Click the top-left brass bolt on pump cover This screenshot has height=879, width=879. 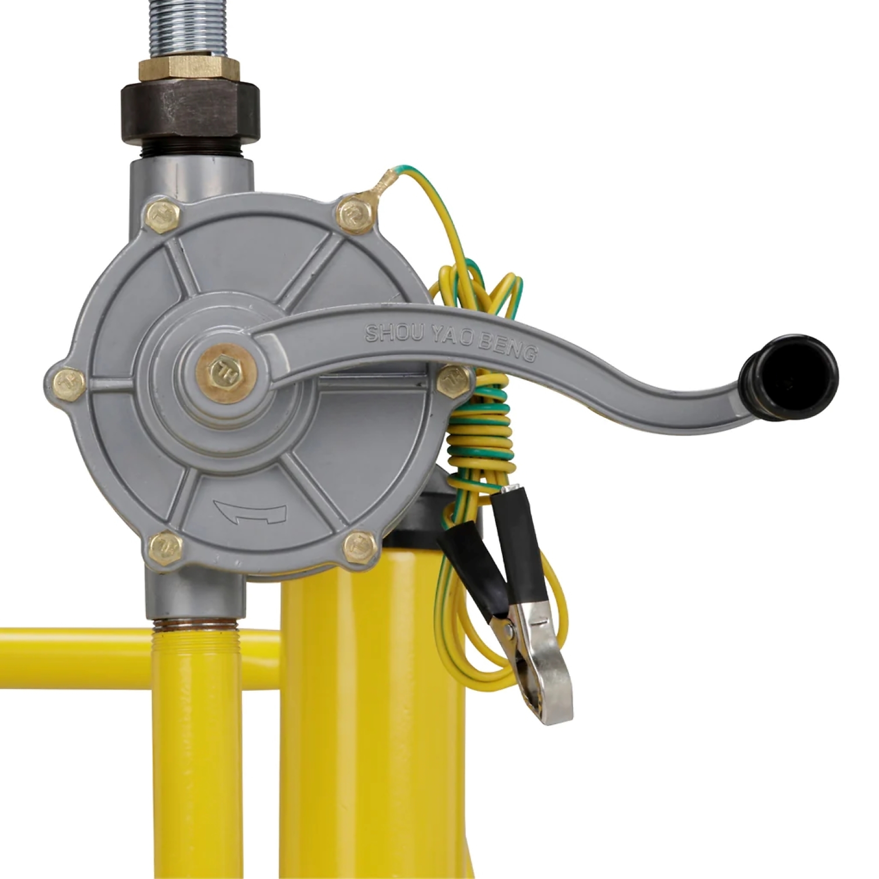point(163,217)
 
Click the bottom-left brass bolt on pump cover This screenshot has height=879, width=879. point(165,548)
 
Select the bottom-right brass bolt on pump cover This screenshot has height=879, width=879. point(360,547)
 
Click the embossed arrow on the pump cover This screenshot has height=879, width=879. point(250,513)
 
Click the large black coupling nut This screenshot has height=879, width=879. point(190,112)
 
